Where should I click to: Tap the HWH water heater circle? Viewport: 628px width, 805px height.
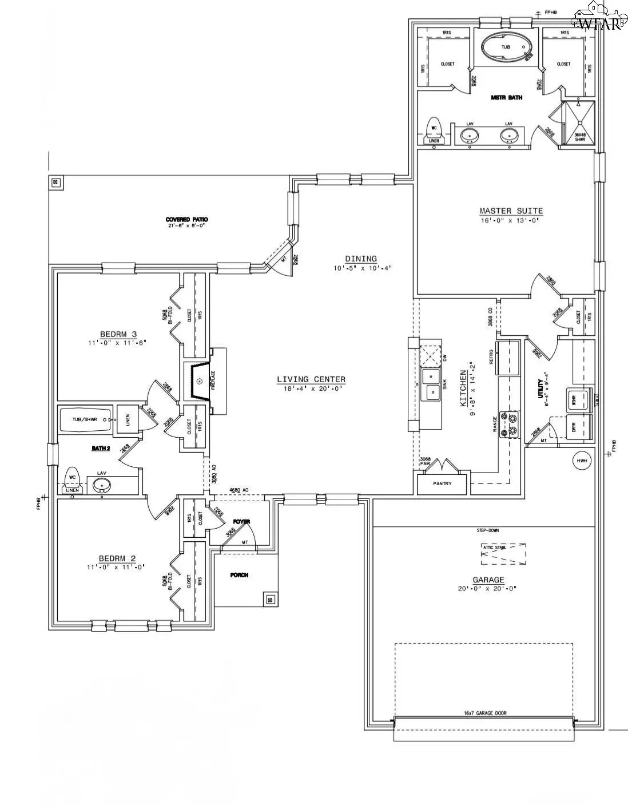(x=582, y=461)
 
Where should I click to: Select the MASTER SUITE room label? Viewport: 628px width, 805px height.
(x=511, y=211)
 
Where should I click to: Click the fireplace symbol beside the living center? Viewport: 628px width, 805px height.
(x=199, y=380)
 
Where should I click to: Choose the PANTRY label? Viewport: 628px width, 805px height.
(x=442, y=483)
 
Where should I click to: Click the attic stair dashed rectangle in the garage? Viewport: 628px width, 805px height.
(x=503, y=554)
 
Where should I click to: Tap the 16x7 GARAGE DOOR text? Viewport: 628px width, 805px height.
(x=484, y=713)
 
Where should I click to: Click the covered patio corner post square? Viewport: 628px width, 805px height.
(x=55, y=183)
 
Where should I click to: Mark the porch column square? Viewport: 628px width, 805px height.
(x=269, y=599)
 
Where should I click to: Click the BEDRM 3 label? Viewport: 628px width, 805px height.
(x=118, y=334)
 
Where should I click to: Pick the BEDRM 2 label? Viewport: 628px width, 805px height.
(x=117, y=558)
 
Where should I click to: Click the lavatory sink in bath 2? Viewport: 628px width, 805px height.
(x=102, y=486)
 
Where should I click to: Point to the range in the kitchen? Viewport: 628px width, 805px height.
(x=508, y=424)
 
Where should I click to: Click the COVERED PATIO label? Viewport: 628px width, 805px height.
(x=186, y=220)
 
